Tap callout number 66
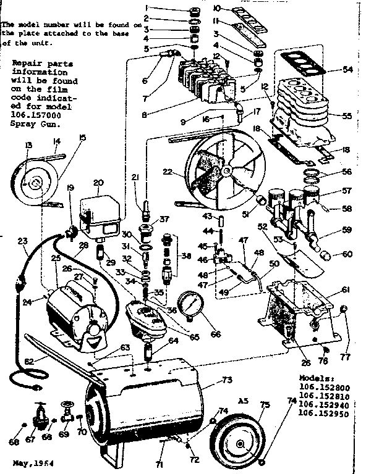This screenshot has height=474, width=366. (215, 334)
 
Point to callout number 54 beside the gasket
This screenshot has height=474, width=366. (347, 70)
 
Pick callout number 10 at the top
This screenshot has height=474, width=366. (218, 8)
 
